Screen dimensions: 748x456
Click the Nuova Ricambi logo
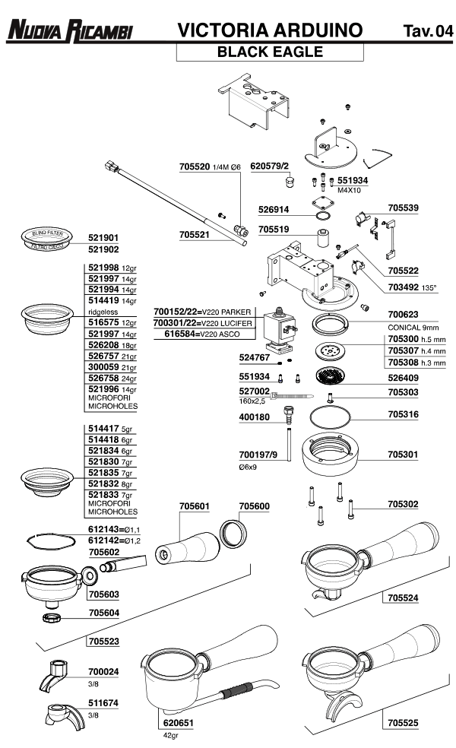69,31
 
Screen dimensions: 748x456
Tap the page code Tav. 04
427,31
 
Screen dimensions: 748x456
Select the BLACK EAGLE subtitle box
270,52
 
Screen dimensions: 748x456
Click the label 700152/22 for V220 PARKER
176,312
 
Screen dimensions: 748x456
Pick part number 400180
255,417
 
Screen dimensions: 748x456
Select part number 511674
103,703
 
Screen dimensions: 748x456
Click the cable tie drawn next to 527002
293,395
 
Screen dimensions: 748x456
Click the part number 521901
103,237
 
